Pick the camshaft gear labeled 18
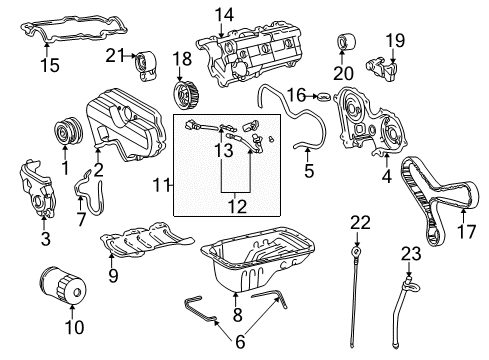pyautogui.click(x=183, y=98)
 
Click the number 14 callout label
pyautogui.click(x=223, y=15)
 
